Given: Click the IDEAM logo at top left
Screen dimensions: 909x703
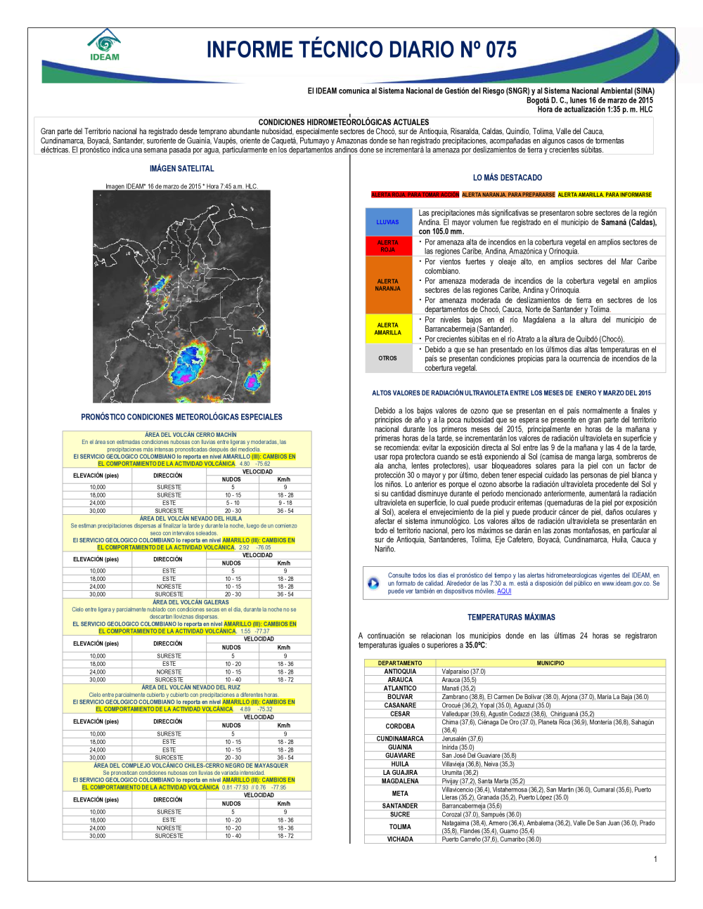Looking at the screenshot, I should pos(105,45).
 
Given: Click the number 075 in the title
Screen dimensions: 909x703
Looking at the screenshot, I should pos(501,50).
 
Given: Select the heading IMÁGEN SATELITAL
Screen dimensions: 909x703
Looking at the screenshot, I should pos(181,169).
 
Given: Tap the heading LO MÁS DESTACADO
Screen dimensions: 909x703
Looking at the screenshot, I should pos(508,178).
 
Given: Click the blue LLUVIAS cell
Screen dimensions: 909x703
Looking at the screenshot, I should pos(387,222).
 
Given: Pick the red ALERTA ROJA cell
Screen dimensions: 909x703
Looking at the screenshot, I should pos(387,246).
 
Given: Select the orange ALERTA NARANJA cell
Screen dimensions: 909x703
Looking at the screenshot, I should pos(387,285).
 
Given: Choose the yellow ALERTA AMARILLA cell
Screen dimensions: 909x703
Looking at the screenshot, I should pos(387,329).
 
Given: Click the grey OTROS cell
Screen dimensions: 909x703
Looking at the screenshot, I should pos(387,358).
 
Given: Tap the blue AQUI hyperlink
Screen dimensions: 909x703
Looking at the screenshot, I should pos(504,591).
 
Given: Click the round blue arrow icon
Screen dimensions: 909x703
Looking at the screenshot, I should pos(373,583).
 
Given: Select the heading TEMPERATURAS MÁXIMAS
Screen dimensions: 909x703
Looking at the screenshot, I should pos(511,617).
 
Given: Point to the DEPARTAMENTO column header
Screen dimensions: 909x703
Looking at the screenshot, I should pos(400,663).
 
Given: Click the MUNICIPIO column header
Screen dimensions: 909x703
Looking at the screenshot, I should pos(550,663).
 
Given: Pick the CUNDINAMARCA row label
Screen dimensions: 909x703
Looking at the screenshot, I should pos(400,739).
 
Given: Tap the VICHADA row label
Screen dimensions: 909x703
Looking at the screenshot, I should pos(400,839).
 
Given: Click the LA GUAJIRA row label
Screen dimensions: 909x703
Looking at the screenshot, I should pos(400,773).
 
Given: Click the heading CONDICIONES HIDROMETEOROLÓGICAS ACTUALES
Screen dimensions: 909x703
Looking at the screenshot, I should pos(344,122).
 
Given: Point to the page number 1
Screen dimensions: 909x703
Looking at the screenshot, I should pos(655,859).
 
